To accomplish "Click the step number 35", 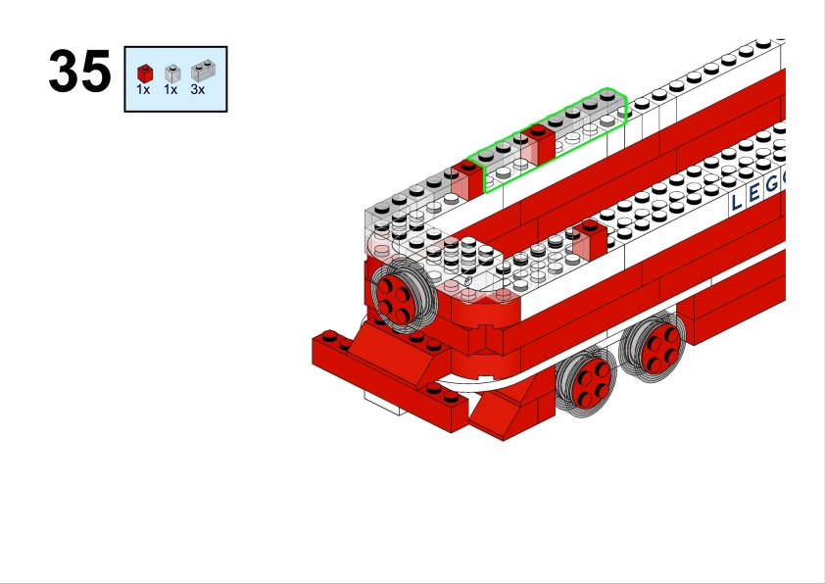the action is [80, 71].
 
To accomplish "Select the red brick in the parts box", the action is [145, 73].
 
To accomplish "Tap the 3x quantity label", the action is [197, 89].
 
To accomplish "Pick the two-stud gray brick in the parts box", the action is [203, 71].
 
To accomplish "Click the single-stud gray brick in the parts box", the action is [172, 73].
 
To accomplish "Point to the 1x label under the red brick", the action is [143, 89].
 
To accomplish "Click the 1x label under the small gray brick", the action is [170, 89].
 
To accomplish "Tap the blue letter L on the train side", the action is [737, 202].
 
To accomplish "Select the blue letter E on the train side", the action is [754, 193].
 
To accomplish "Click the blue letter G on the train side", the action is [772, 183].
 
